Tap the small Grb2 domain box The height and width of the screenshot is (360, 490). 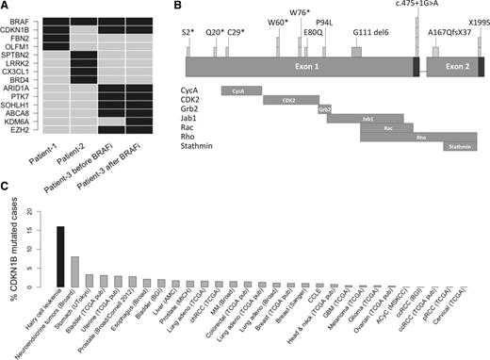point(324,109)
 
